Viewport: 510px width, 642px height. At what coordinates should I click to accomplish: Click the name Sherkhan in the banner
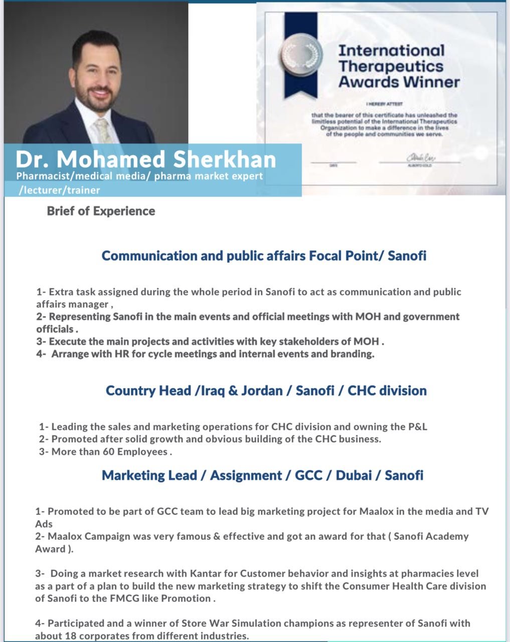pyautogui.click(x=225, y=159)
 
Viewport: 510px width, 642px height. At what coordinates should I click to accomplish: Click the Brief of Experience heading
pyautogui.click(x=101, y=211)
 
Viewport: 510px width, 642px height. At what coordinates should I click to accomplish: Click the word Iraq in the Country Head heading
pyautogui.click(x=211, y=391)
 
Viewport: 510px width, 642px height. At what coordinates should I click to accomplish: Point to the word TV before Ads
pyautogui.click(x=482, y=512)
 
